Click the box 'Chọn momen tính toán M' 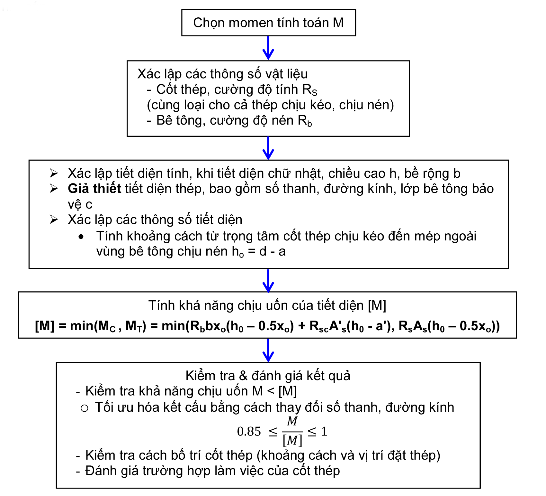(x=268, y=23)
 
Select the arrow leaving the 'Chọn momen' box (x=268, y=48)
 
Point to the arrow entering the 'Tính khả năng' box (x=268, y=280)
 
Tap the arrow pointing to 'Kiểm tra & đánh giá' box (x=268, y=350)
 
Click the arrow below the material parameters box (x=268, y=148)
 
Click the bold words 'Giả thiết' (x=94, y=189)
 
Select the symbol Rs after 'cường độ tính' (x=310, y=90)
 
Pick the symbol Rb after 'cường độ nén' (x=305, y=121)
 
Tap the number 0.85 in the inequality (x=249, y=431)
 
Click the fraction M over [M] (x=292, y=431)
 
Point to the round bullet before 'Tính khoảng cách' (x=81, y=237)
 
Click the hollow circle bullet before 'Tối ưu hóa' (x=84, y=408)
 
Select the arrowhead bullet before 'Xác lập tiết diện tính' (x=54, y=173)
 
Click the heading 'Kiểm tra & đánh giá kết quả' (x=268, y=376)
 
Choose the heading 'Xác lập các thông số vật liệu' (x=222, y=74)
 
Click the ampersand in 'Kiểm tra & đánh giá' (x=243, y=376)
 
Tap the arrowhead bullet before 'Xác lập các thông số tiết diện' (x=54, y=220)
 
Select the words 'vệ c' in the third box (x=80, y=204)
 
